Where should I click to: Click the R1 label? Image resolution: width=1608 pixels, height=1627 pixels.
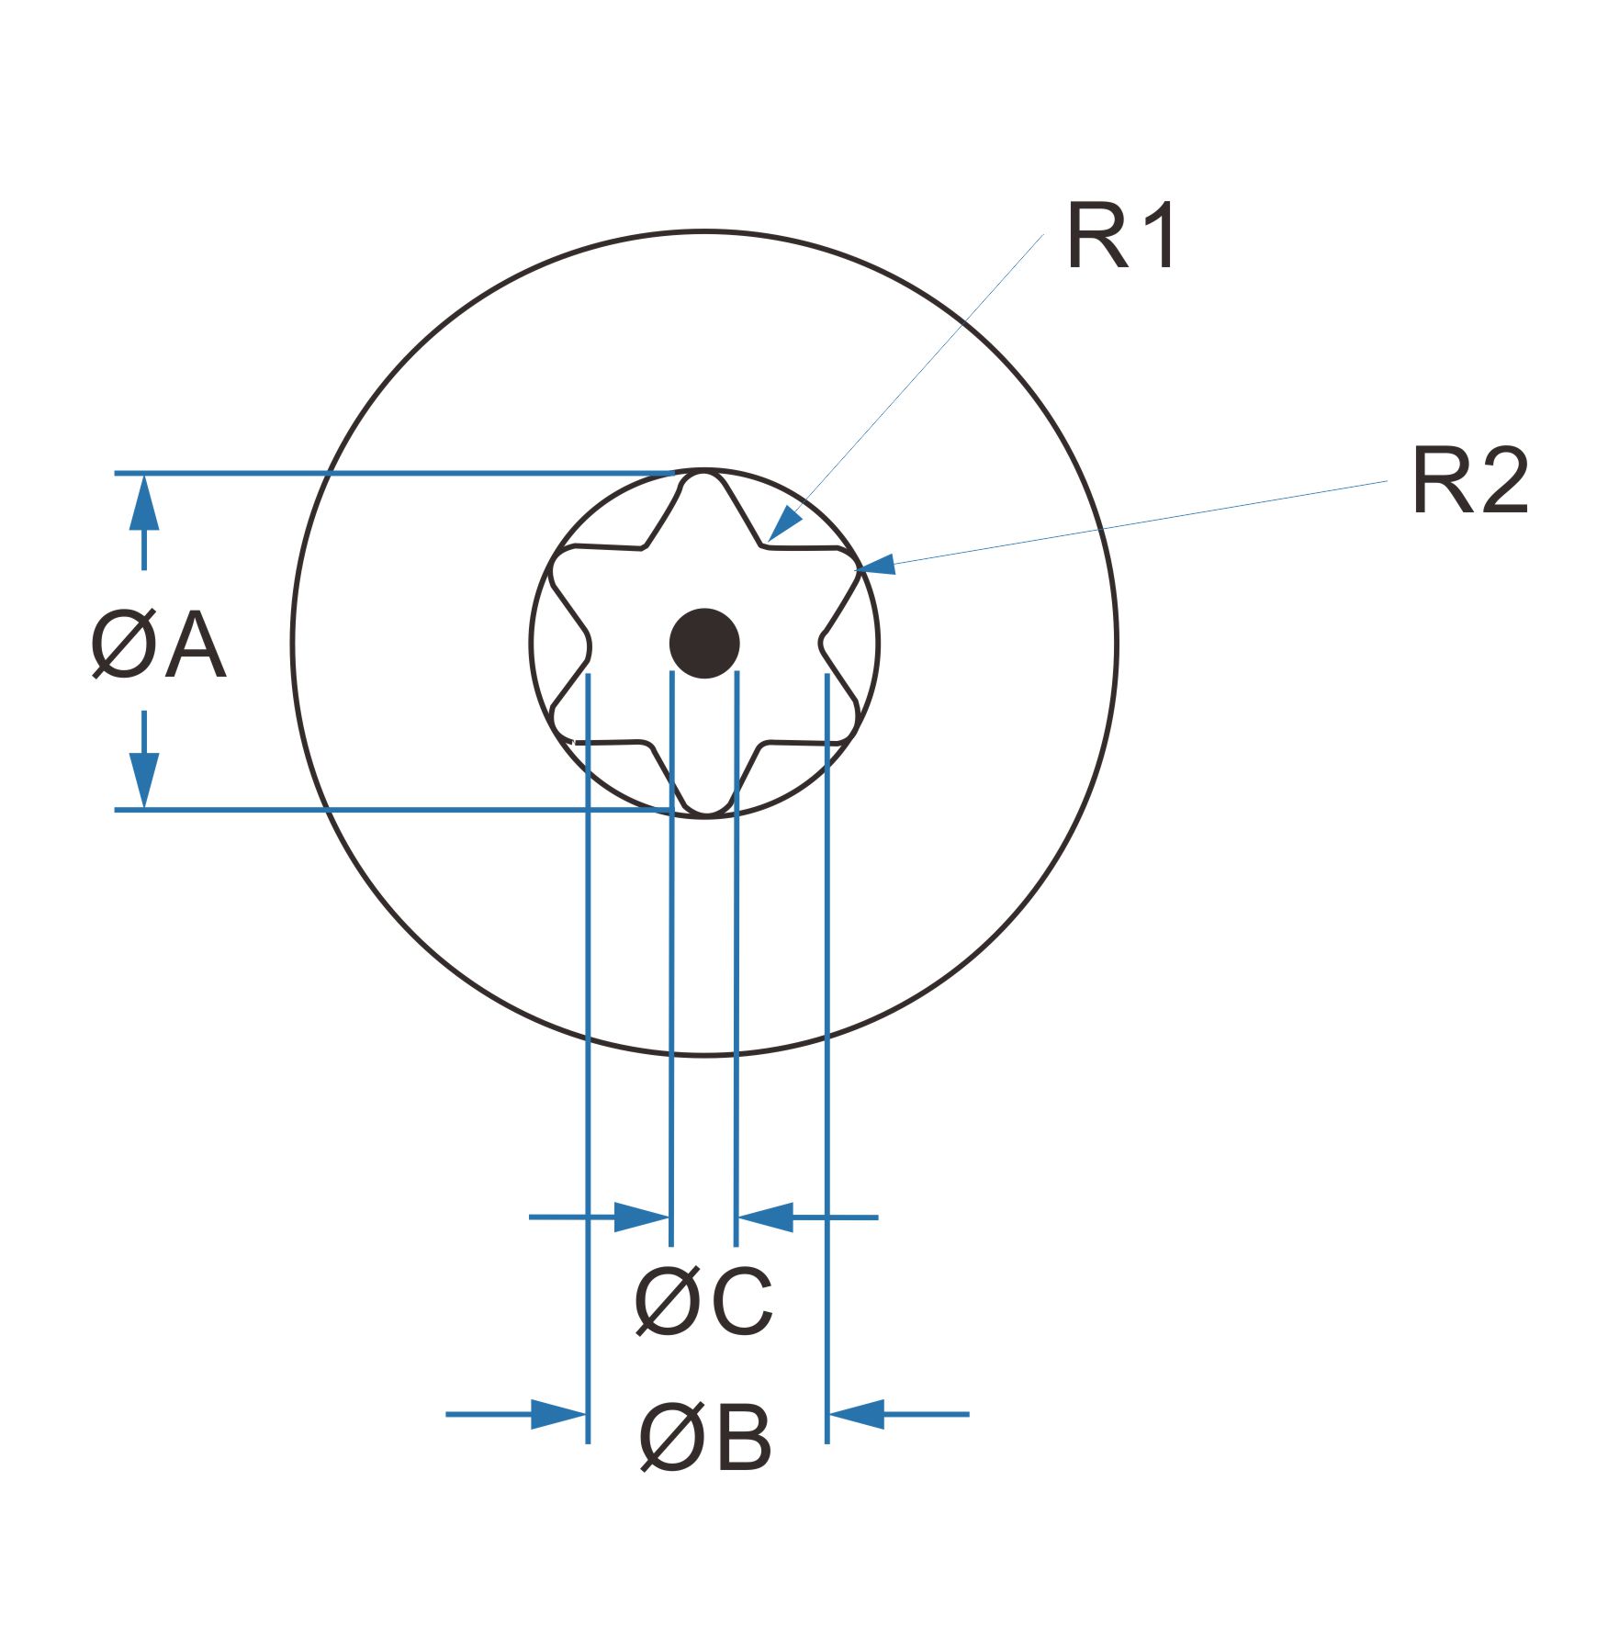[1120, 237]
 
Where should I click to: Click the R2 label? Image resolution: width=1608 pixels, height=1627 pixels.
[1469, 481]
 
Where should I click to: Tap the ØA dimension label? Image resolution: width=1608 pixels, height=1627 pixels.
[158, 646]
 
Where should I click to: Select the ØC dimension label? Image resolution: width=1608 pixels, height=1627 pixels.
[703, 1302]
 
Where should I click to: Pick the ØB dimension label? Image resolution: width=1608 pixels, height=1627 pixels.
[705, 1438]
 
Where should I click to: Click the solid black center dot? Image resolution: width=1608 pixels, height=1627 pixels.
[704, 644]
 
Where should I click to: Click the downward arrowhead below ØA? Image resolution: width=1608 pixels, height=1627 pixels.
[144, 779]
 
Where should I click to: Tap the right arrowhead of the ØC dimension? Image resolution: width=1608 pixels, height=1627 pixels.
[765, 1217]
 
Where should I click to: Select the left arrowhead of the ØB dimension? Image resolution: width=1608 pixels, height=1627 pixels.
[559, 1414]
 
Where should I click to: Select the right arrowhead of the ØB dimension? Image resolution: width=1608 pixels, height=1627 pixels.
[856, 1414]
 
